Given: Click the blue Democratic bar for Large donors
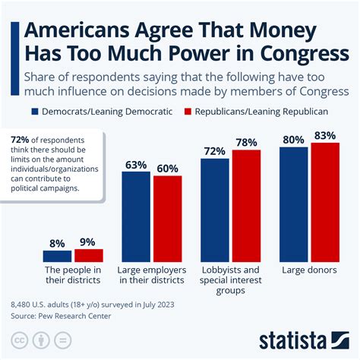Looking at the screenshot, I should click(x=294, y=204).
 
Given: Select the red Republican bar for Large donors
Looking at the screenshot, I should click(x=324, y=201).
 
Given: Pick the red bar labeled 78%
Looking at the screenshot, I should click(x=245, y=206).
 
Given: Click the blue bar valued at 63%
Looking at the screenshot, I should click(x=136, y=216).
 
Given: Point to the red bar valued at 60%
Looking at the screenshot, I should click(x=166, y=219).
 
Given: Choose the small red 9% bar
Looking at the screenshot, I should click(x=88, y=255).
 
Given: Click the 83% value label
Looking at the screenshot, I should click(x=324, y=135).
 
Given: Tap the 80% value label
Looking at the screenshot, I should click(x=294, y=140).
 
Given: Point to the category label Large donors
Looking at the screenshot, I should click(x=309, y=270).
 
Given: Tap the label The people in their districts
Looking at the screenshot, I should click(x=73, y=275).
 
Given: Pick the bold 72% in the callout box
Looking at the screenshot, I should click(x=21, y=140).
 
